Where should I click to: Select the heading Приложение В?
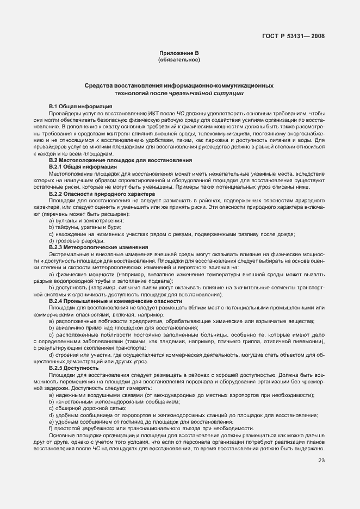[179, 53]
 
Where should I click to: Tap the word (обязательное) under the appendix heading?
[179, 60]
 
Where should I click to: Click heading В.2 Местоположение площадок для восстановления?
[120, 160]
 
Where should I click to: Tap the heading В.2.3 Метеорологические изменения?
[98, 247]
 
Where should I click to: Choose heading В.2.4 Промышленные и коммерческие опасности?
[115, 301]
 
